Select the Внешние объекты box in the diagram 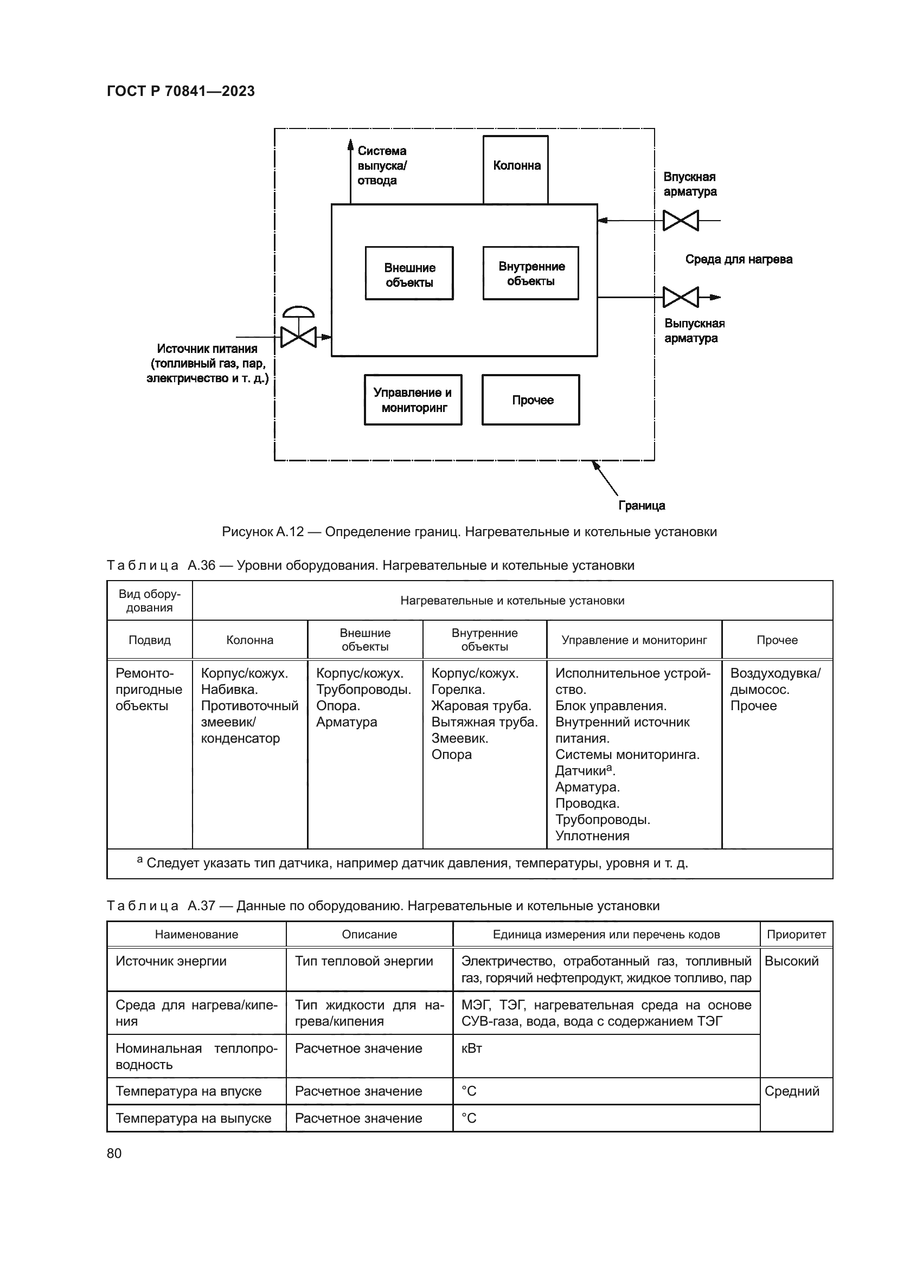coord(409,274)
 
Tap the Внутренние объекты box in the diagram coord(531,273)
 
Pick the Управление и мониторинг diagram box coord(413,400)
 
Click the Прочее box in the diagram coord(531,400)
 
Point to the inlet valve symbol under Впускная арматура coord(681,221)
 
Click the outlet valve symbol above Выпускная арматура coord(681,297)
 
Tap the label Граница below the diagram coord(641,505)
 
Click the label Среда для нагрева coord(739,259)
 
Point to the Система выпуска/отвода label coord(382,166)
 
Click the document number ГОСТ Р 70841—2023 coord(181,91)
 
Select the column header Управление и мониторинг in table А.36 coord(634,640)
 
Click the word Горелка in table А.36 coord(458,689)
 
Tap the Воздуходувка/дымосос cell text coord(775,681)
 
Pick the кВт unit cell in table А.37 coord(472,1048)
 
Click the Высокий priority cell coord(791,961)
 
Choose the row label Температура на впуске coord(188,1091)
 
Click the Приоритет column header coord(796,935)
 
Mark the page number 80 coord(114,1153)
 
